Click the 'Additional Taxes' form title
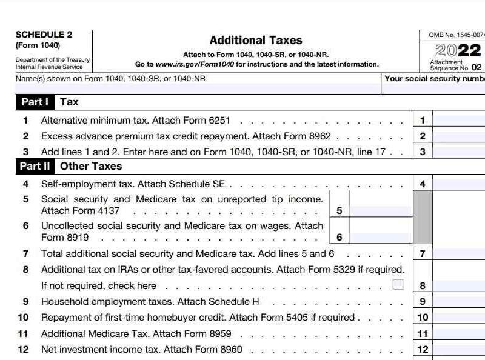(x=255, y=41)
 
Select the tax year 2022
(x=458, y=50)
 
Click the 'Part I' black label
(x=35, y=102)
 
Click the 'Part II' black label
(x=35, y=166)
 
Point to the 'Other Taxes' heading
(x=91, y=166)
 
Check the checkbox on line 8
(x=398, y=284)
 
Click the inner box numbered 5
(x=339, y=211)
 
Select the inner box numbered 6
(x=339, y=238)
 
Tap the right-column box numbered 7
(x=423, y=254)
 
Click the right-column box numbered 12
(x=423, y=349)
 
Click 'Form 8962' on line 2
(x=309, y=136)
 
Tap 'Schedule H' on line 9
(x=242, y=301)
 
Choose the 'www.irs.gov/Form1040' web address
(x=195, y=64)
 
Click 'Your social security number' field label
(x=434, y=78)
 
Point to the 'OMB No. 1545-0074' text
(x=457, y=35)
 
